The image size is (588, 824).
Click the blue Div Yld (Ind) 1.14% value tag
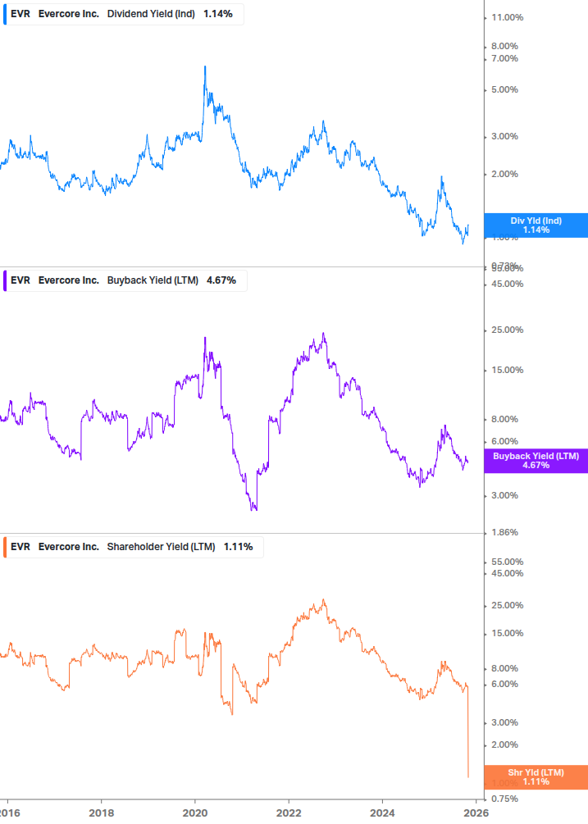(536, 225)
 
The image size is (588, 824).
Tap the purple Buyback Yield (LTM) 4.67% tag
(536, 461)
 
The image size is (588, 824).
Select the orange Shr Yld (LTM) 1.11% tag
(536, 777)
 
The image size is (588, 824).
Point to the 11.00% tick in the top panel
(506, 17)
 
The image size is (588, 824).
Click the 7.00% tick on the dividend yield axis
(504, 58)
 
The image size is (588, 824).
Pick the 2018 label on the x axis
(101, 813)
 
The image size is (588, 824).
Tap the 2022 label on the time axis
(289, 813)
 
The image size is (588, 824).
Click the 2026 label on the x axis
(476, 813)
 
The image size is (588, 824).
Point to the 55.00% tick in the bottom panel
(506, 562)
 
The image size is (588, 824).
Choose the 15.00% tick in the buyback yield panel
(506, 370)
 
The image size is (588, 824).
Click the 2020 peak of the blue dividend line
(204, 66)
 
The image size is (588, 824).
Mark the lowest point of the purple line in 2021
(253, 509)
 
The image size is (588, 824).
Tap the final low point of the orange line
(467, 776)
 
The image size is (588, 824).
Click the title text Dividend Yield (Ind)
(151, 13)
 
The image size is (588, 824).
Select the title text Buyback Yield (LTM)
(153, 280)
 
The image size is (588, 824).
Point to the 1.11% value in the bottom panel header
(238, 546)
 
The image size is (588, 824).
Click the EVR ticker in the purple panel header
(21, 280)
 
